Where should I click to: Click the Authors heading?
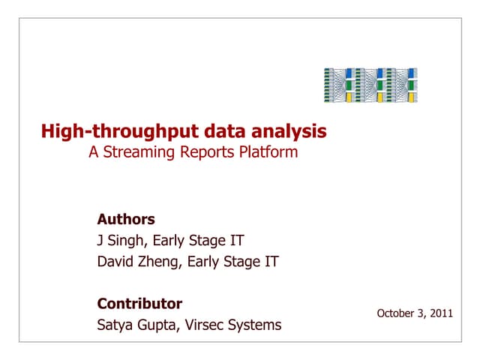tap(126, 220)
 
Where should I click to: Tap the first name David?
tap(117, 262)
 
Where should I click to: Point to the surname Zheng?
tap(160, 262)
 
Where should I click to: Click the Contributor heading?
tap(139, 304)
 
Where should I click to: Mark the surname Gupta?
tap(160, 325)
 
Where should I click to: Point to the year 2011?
tap(441, 313)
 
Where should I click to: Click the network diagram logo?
tap(370, 85)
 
